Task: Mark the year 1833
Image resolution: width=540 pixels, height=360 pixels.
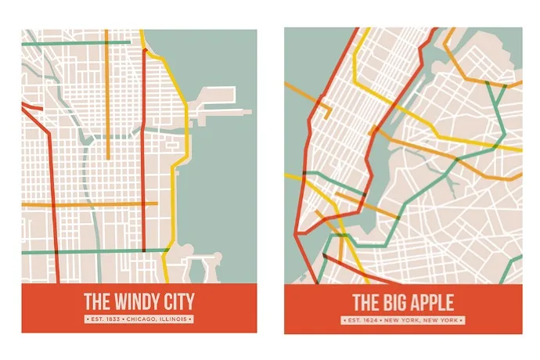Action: point(116,319)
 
